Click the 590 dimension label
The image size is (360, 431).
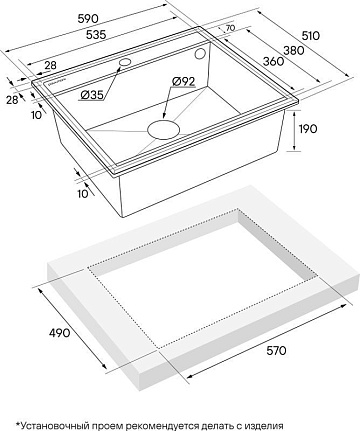pos(88,19)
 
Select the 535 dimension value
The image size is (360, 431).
pos(96,34)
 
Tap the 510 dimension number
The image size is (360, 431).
pos(310,35)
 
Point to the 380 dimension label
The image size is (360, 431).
pos(294,50)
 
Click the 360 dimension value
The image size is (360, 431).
pos(274,61)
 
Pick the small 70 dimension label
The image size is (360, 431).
pos(230,28)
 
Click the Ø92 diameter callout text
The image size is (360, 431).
pos(183,81)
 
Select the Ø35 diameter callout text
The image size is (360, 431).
pos(91,95)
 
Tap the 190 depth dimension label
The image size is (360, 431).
pos(308,129)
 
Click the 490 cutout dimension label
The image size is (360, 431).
pos(60,332)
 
